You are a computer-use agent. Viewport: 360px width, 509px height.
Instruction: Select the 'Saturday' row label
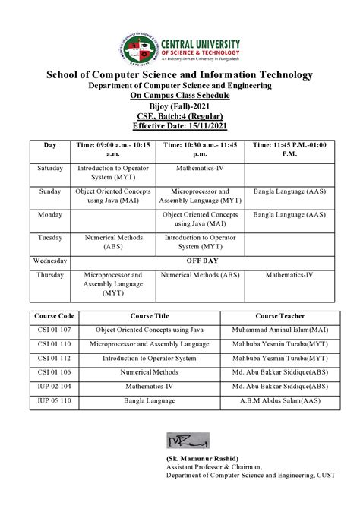[50, 166]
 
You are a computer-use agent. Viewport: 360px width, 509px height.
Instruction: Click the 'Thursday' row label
[50, 274]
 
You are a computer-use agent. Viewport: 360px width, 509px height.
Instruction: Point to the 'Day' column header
[50, 144]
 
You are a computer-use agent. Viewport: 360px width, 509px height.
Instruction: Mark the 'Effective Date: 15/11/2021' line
[179, 125]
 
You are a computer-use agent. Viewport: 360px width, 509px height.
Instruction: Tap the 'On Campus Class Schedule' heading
[179, 96]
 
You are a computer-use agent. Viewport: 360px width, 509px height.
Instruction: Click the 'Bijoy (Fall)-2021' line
[179, 106]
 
